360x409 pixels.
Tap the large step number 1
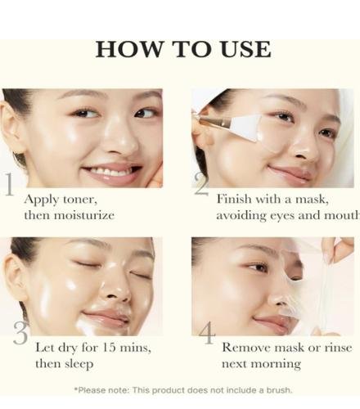pyautogui.click(x=10, y=184)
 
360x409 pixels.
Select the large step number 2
pyautogui.click(x=201, y=184)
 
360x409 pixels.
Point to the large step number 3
pyautogui.click(x=20, y=333)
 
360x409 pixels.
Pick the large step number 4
pyautogui.click(x=207, y=333)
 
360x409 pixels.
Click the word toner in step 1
pyautogui.click(x=80, y=200)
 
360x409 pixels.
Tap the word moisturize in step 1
pyautogui.click(x=84, y=215)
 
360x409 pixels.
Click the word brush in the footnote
pyautogui.click(x=278, y=390)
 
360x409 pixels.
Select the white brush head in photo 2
pyautogui.click(x=245, y=128)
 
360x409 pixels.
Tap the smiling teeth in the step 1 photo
pyautogui.click(x=110, y=172)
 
